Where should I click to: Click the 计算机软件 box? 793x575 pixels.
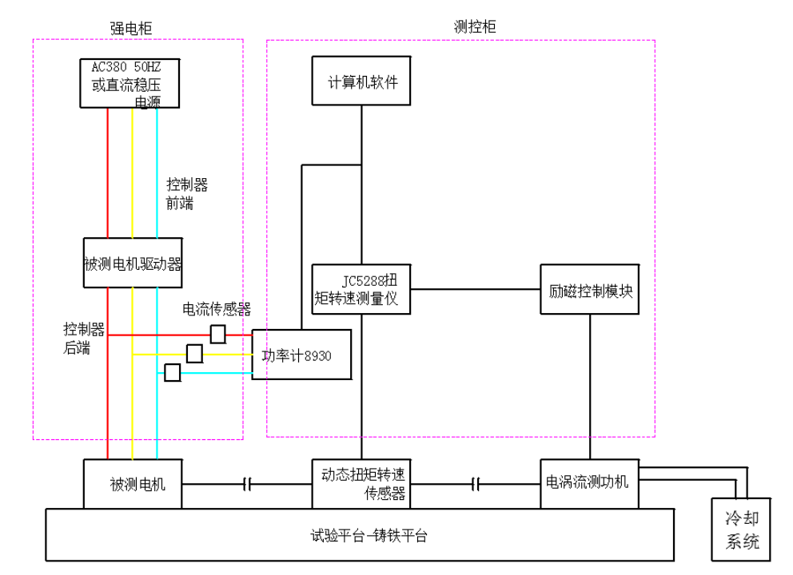pyautogui.click(x=361, y=81)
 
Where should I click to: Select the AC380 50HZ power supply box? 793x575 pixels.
pyautogui.click(x=129, y=83)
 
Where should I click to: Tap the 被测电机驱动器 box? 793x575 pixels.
pyautogui.click(x=133, y=263)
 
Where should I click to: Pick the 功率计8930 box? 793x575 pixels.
pyautogui.click(x=301, y=354)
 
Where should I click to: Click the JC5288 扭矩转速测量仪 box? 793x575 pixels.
pyautogui.click(x=361, y=288)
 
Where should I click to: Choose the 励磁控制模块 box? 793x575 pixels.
pyautogui.click(x=590, y=288)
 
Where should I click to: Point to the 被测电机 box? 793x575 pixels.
pyautogui.click(x=133, y=483)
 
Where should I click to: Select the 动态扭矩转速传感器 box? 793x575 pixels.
pyautogui.click(x=361, y=483)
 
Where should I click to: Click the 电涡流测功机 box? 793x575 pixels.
pyautogui.click(x=590, y=483)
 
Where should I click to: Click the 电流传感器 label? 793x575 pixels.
pyautogui.click(x=217, y=309)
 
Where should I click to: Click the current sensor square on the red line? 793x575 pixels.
pyautogui.click(x=217, y=334)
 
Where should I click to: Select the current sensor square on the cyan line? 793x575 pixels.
pyautogui.click(x=172, y=372)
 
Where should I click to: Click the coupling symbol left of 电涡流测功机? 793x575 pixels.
pyautogui.click(x=476, y=483)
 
